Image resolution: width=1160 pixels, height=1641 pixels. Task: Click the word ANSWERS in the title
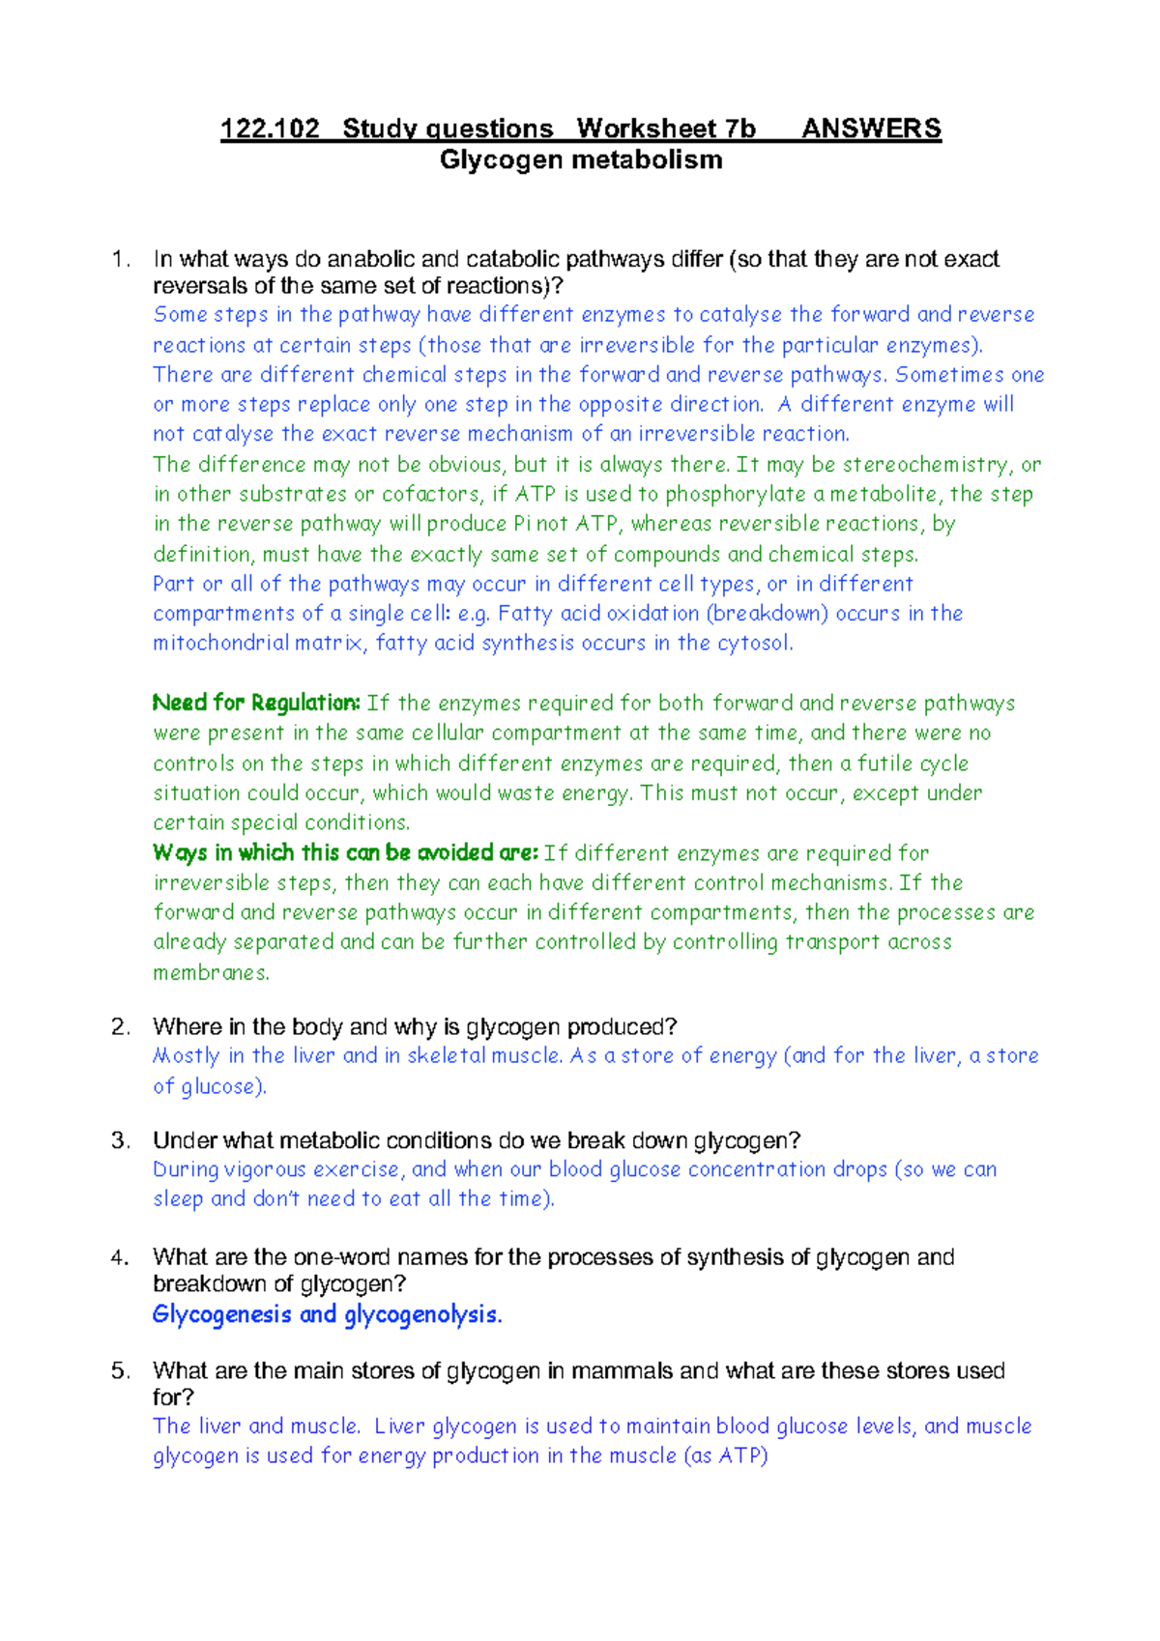pyautogui.click(x=871, y=129)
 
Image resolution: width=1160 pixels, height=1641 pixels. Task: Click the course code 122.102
pyautogui.click(x=270, y=129)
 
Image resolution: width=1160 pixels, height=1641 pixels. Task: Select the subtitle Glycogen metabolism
pyautogui.click(x=581, y=159)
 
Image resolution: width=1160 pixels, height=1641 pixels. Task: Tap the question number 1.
pyautogui.click(x=120, y=259)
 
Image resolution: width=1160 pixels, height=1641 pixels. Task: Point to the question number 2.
pyautogui.click(x=120, y=1026)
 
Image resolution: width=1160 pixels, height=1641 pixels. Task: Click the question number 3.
pyautogui.click(x=120, y=1140)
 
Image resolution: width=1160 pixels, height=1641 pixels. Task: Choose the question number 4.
pyautogui.click(x=120, y=1257)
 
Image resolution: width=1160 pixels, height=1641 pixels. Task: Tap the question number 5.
pyautogui.click(x=120, y=1370)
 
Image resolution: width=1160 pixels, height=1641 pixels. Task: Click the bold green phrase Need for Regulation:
pyautogui.click(x=256, y=703)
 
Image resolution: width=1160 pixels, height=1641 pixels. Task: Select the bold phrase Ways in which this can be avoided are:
pyautogui.click(x=345, y=852)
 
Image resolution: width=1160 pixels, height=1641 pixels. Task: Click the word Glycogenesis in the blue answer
pyautogui.click(x=221, y=1314)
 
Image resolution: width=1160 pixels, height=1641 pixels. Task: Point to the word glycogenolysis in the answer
pyautogui.click(x=422, y=1315)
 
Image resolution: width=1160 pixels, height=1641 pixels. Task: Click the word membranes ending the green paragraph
pyautogui.click(x=210, y=972)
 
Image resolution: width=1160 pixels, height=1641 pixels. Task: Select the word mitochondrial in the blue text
pyautogui.click(x=221, y=643)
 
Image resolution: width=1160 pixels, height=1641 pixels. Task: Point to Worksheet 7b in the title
pyautogui.click(x=665, y=129)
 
